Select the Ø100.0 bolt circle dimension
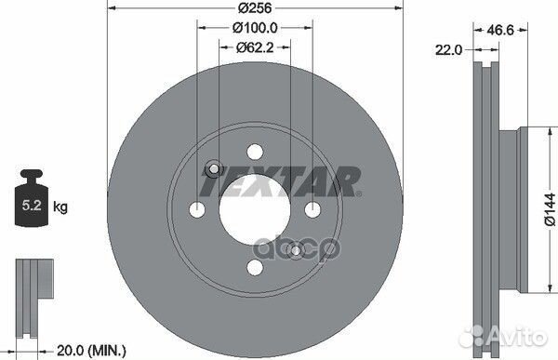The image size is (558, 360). (253, 30)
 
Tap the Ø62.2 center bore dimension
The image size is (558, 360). (253, 47)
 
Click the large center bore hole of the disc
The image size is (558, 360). (253, 209)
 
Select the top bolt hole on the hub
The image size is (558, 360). (253, 151)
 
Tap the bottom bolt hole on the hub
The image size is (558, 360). (253, 268)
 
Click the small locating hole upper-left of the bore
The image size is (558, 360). (212, 168)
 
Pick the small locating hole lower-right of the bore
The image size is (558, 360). (295, 249)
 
